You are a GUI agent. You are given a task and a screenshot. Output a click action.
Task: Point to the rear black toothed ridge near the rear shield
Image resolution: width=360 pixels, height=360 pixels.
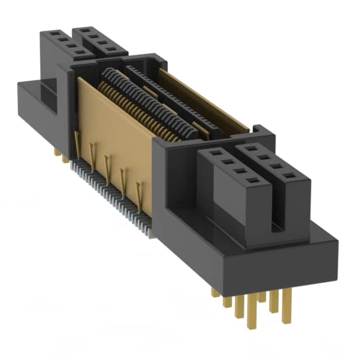coord(169,90)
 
